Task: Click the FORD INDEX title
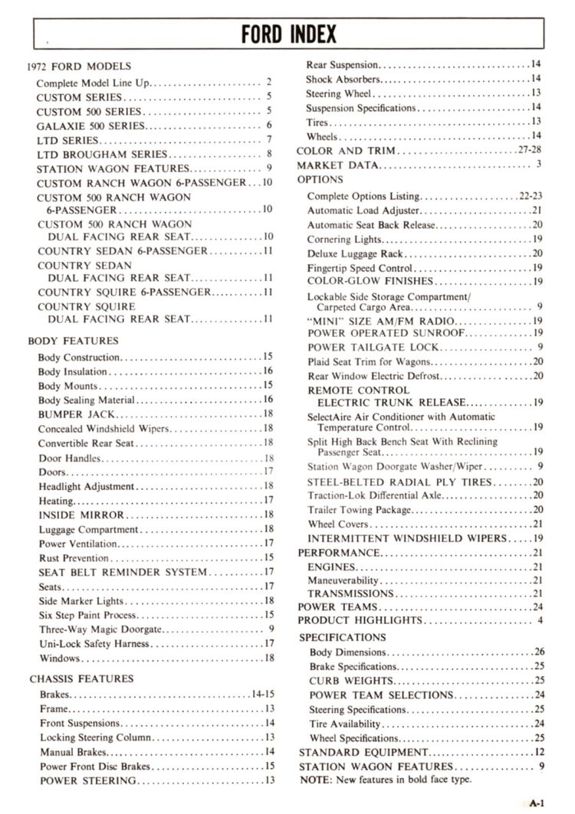[x=288, y=34]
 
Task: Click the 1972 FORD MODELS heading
[x=79, y=67]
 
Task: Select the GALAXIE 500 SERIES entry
[x=88, y=125]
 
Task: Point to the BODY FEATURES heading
[x=74, y=341]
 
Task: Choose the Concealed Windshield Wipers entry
[x=100, y=429]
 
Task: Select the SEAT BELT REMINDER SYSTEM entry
[x=123, y=572]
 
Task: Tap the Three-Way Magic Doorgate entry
[x=100, y=629]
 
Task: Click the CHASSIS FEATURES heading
[x=81, y=678]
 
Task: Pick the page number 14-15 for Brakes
[x=262, y=694]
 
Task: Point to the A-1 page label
[x=536, y=803]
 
